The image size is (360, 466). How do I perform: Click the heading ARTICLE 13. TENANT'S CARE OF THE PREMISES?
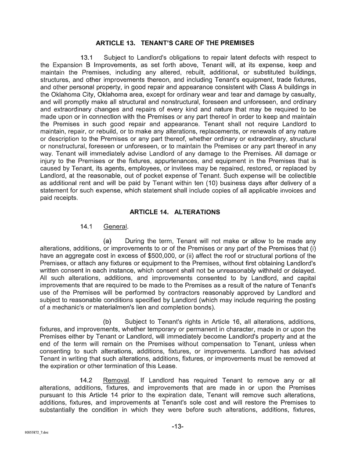(175, 43)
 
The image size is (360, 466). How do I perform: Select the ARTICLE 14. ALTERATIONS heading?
(175, 212)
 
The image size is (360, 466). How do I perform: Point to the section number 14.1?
(86, 227)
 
